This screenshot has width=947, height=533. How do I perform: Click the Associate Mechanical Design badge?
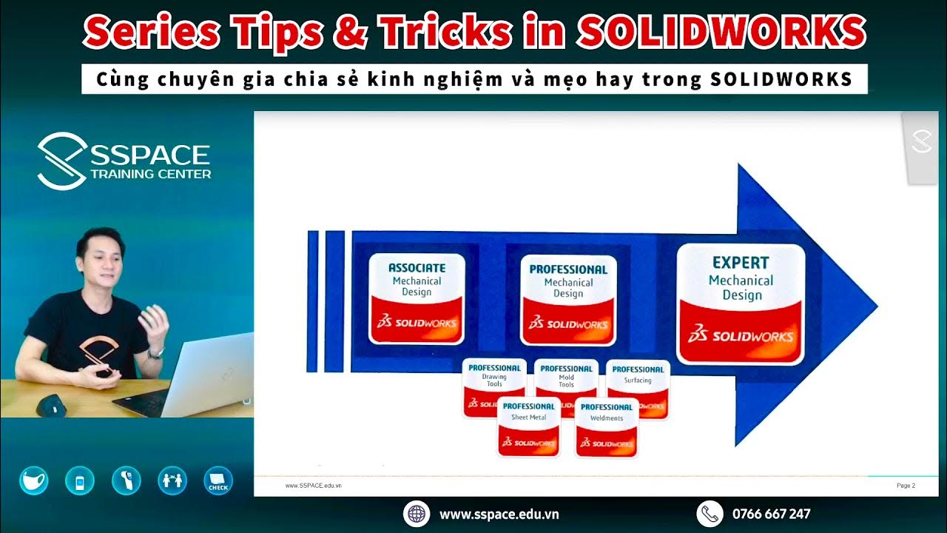coord(417,298)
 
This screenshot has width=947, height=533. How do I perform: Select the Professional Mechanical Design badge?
coord(568,299)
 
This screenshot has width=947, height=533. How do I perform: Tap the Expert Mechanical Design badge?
coord(741,304)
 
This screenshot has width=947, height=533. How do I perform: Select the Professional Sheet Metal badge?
coord(528,426)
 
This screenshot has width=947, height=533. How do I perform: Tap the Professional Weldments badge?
coord(607,428)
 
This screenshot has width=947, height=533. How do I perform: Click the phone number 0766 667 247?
coord(771,514)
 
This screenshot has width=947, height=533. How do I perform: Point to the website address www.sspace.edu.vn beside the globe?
coord(499,514)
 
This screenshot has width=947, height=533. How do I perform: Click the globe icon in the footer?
coord(417,514)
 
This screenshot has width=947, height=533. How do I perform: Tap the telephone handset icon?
coord(710,514)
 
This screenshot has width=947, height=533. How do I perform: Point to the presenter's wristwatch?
coord(155,352)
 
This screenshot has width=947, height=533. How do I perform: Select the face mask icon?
coord(33,480)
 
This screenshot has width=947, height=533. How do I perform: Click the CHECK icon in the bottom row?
coord(218,480)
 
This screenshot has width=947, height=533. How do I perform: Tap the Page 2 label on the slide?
coord(906,486)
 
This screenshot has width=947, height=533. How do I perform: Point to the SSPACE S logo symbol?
coord(61,161)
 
